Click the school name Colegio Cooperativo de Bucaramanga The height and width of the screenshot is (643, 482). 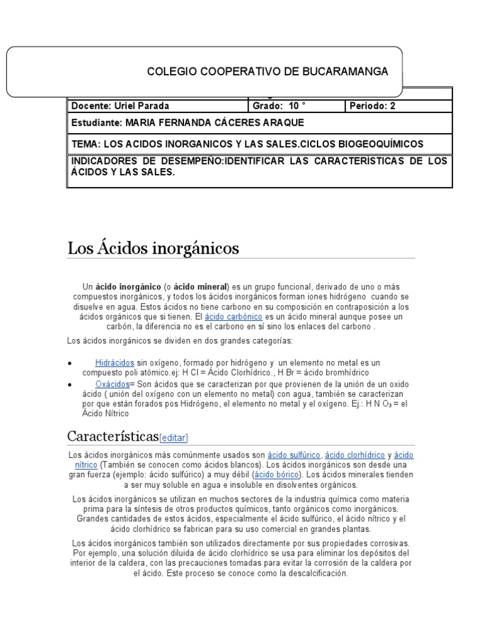pyautogui.click(x=267, y=72)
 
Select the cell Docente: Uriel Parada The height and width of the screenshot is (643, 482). pyautogui.click(x=120, y=105)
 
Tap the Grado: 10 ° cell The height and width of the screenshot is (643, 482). pyautogui.click(x=279, y=105)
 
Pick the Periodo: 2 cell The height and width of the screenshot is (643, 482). pyautogui.click(x=373, y=105)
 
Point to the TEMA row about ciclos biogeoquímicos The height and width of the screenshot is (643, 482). pyautogui.click(x=247, y=144)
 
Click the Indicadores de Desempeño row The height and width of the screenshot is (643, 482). pyautogui.click(x=259, y=166)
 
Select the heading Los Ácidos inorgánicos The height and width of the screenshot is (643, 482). pyautogui.click(x=153, y=249)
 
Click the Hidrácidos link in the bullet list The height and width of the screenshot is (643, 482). pyautogui.click(x=114, y=363)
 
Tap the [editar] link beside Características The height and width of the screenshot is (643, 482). pyautogui.click(x=174, y=438)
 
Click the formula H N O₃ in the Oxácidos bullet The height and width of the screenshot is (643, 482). pyautogui.click(x=374, y=404)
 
